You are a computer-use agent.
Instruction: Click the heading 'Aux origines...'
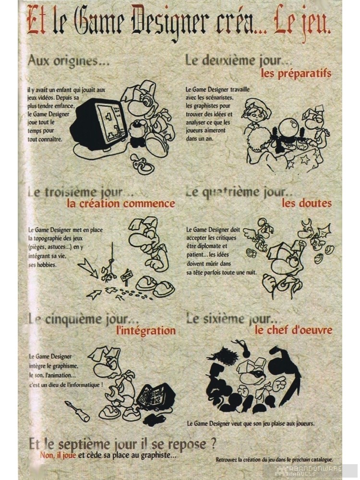pyautogui.click(x=69, y=61)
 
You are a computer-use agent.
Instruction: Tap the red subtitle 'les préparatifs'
pyautogui.click(x=296, y=73)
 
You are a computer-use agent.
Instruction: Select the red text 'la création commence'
pyautogui.click(x=121, y=203)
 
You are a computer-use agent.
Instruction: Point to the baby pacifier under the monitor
pyautogui.click(x=143, y=165)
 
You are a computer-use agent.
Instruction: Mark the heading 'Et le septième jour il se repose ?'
pyautogui.click(x=119, y=443)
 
